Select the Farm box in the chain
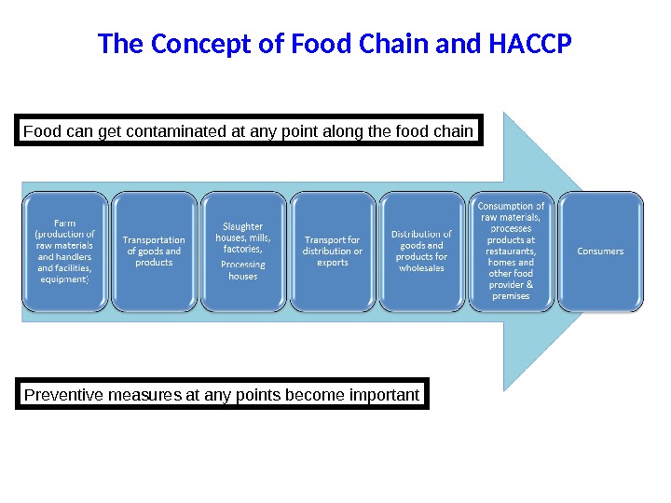(65, 251)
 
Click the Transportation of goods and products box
(154, 251)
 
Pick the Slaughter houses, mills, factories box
(243, 251)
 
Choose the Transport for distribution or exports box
(333, 251)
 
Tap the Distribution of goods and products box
(421, 251)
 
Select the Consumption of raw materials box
(511, 251)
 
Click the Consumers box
(600, 251)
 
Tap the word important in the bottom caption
(384, 395)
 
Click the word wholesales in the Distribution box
(421, 268)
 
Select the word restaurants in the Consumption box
(511, 251)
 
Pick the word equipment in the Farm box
(64, 279)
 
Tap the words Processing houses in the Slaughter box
(243, 270)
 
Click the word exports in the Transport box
(333, 263)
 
